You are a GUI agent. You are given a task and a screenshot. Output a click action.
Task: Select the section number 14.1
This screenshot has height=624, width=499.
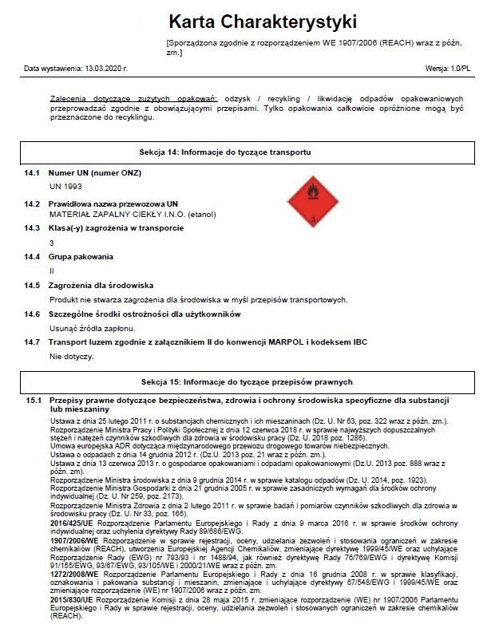(32, 172)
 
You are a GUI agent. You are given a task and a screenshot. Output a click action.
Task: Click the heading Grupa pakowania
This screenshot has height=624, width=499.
(81, 257)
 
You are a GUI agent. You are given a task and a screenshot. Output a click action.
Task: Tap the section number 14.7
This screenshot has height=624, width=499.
(32, 342)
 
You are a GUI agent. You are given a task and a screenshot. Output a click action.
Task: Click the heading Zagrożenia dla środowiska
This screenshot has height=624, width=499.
(101, 286)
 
